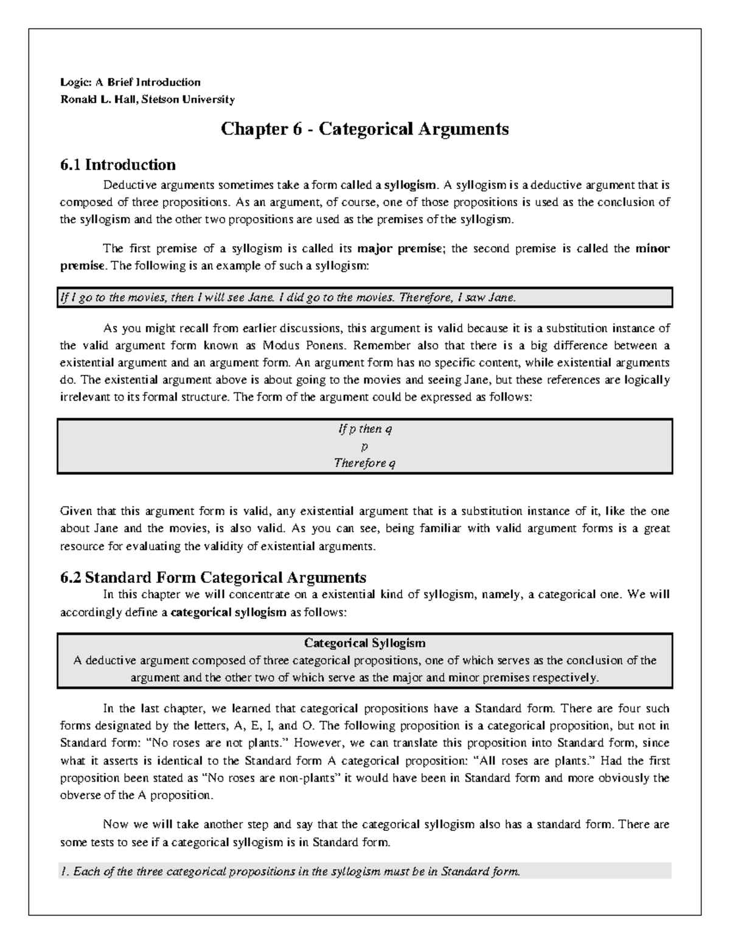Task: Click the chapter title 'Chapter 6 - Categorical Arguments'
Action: (x=364, y=129)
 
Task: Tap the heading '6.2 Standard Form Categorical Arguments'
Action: (x=213, y=577)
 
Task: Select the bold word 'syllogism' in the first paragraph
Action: (x=414, y=185)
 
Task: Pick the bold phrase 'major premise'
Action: (x=400, y=249)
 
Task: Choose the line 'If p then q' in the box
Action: (x=364, y=429)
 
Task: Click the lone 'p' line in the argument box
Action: (x=364, y=447)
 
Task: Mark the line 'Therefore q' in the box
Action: (x=364, y=463)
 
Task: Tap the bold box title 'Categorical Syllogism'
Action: (x=364, y=643)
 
